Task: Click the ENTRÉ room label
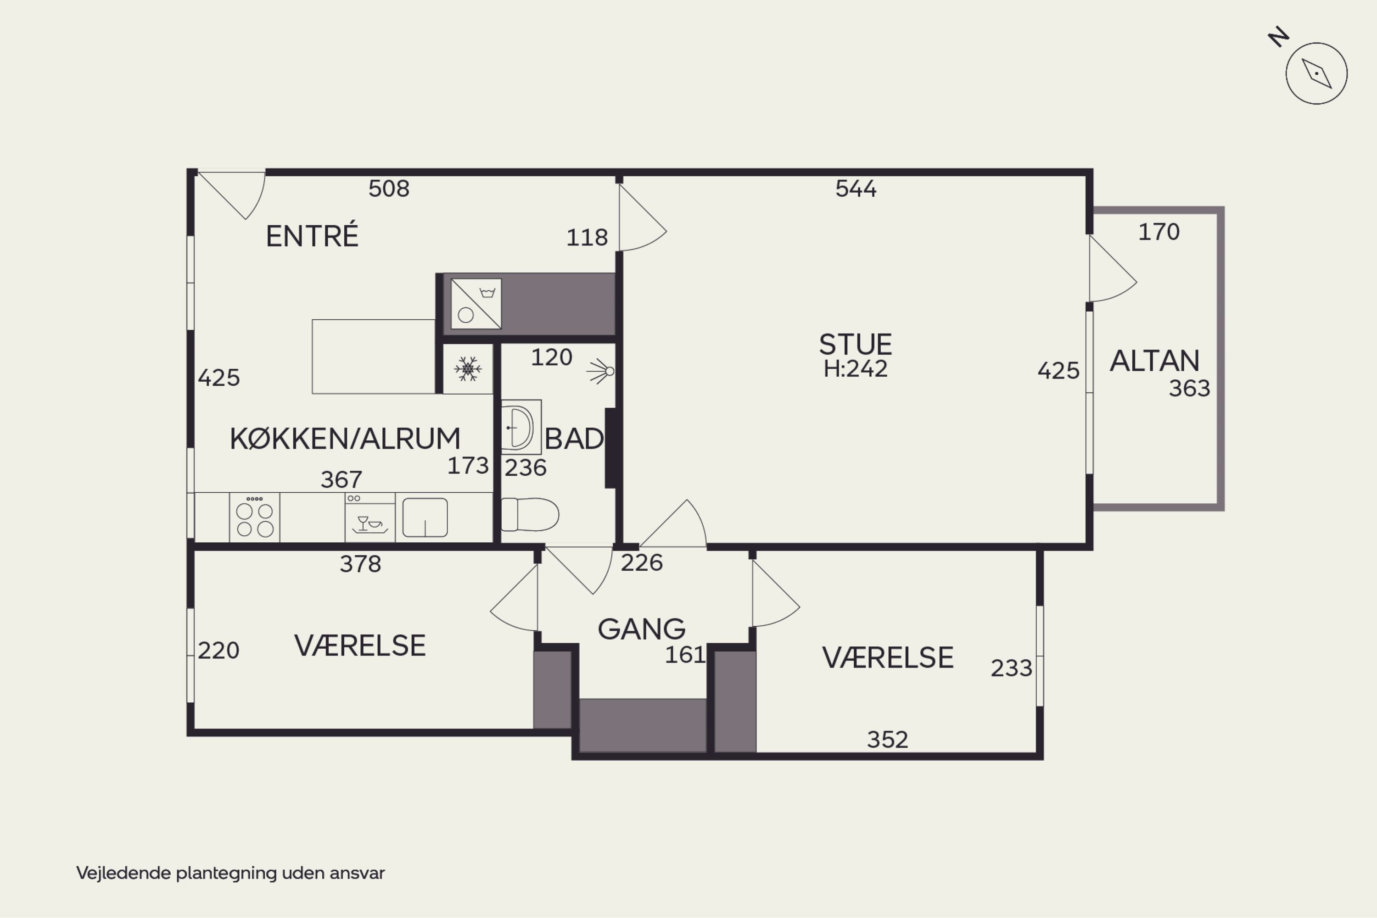coord(312,235)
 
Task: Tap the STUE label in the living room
coord(855,344)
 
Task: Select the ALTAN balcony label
coord(1154,361)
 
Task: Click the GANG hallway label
coord(641,629)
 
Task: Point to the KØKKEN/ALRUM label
coord(345,439)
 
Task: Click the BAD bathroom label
coord(574,439)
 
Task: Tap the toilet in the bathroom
coord(530,515)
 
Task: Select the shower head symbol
coord(601,371)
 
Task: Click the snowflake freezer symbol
coord(467,369)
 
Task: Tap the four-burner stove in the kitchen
coord(254,517)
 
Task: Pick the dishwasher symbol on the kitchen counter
coord(369,517)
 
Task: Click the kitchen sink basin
coord(425,517)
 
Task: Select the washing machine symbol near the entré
coord(476,304)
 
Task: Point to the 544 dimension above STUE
coord(856,189)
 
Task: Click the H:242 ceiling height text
coord(855,369)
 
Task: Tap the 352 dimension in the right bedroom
coord(887,740)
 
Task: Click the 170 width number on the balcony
coord(1159,232)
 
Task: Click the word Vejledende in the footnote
coord(123,873)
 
